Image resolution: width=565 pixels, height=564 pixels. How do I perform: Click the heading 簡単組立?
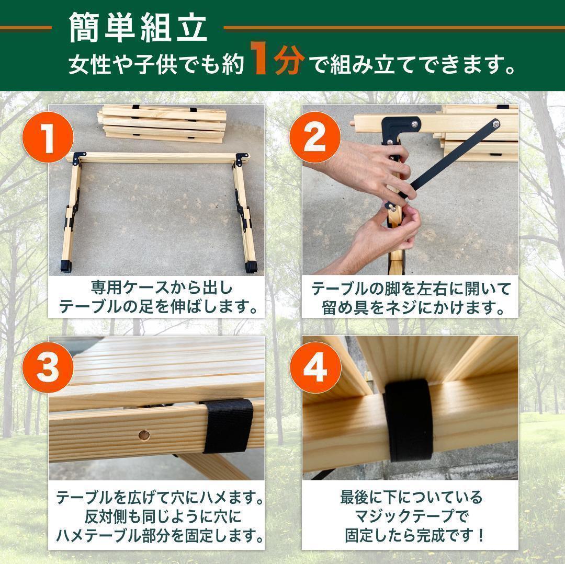(x=138, y=29)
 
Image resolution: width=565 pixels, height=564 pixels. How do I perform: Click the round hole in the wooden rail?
(x=142, y=434)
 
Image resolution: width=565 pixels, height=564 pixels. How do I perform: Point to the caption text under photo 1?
(x=159, y=297)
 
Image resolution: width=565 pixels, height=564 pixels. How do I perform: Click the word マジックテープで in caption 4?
(x=410, y=516)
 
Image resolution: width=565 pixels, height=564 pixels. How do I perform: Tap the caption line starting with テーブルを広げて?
(x=159, y=497)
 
